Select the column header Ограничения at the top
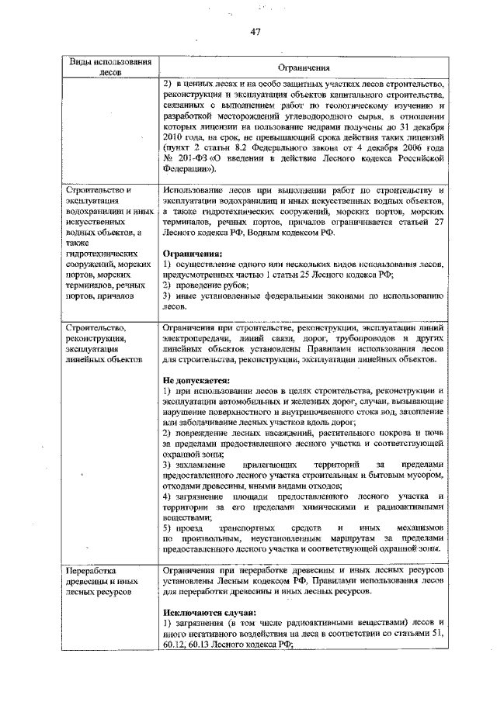(x=302, y=67)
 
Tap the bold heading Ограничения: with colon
(x=192, y=253)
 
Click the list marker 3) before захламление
(x=169, y=463)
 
